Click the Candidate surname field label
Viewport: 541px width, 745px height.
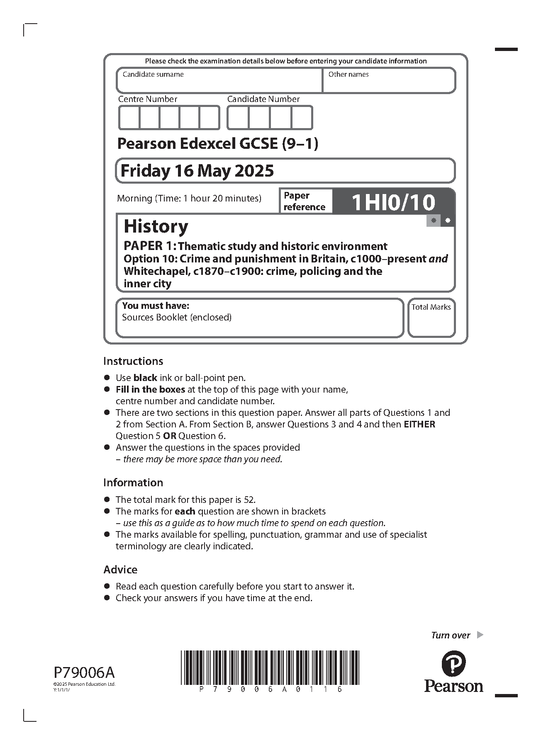[x=153, y=75]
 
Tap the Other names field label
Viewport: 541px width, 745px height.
[x=348, y=75]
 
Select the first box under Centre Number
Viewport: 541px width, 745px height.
[x=129, y=118]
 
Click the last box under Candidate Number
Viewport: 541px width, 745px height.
[x=302, y=118]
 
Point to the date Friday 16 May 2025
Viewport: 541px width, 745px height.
[x=197, y=171]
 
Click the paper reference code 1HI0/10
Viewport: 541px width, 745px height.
[x=393, y=202]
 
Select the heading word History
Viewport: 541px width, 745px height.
[x=156, y=226]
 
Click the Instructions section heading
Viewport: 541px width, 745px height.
[x=133, y=361]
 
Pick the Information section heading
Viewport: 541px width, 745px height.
[x=133, y=483]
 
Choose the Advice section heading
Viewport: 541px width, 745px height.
[x=120, y=570]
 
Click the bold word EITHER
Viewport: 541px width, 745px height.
[x=419, y=425]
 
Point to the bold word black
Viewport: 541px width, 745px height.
[x=145, y=378]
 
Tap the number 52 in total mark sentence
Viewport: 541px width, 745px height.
[x=249, y=500]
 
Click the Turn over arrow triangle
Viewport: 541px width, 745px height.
[x=480, y=635]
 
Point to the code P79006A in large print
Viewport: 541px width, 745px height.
[x=84, y=672]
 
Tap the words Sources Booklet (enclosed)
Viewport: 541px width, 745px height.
[x=177, y=318]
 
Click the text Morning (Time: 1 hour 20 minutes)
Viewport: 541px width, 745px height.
[x=189, y=199]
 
